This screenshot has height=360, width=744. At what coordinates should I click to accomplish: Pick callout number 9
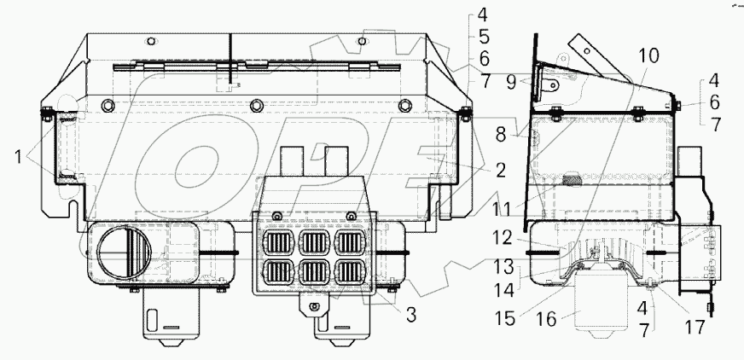pyautogui.click(x=510, y=83)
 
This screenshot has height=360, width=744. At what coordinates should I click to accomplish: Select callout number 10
pyautogui.click(x=648, y=56)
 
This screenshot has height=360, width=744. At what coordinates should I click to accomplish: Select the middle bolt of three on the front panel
pyautogui.click(x=256, y=106)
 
